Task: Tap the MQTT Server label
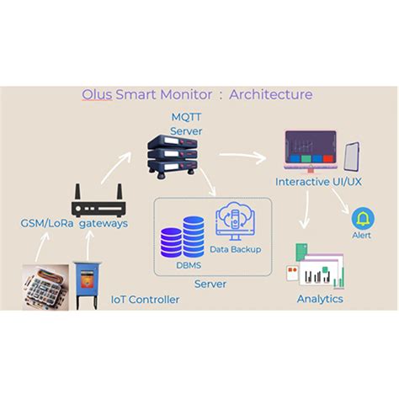186,125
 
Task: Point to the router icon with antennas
98,202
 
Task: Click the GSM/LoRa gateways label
74,223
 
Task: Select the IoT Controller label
146,300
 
